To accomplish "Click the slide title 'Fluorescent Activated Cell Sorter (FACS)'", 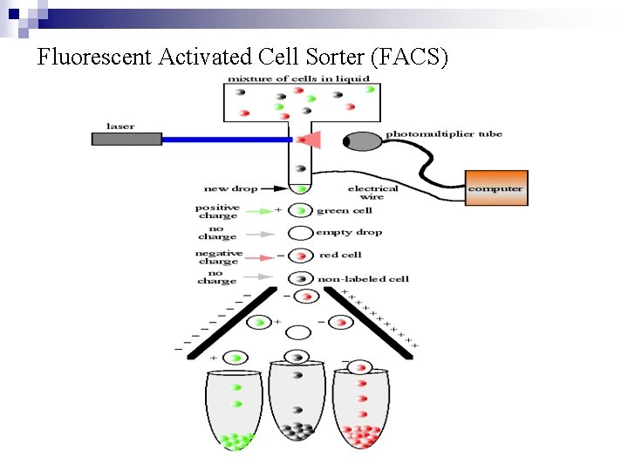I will click(242, 58).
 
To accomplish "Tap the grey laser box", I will click(126, 139).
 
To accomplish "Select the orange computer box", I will click(496, 188).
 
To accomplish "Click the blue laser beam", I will click(227, 139).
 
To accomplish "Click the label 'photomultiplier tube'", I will click(444, 134).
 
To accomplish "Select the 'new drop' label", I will click(229, 188).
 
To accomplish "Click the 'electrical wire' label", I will click(372, 193).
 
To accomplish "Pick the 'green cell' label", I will click(345, 210).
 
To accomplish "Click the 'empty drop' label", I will click(349, 233).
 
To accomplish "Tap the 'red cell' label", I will click(340, 256).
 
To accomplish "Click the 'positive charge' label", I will click(216, 211).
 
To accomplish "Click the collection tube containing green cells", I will click(234, 410).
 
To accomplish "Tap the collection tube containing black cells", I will click(298, 406).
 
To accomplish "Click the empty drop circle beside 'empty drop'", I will click(300, 233).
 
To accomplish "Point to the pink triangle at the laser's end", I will click(312, 140).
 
